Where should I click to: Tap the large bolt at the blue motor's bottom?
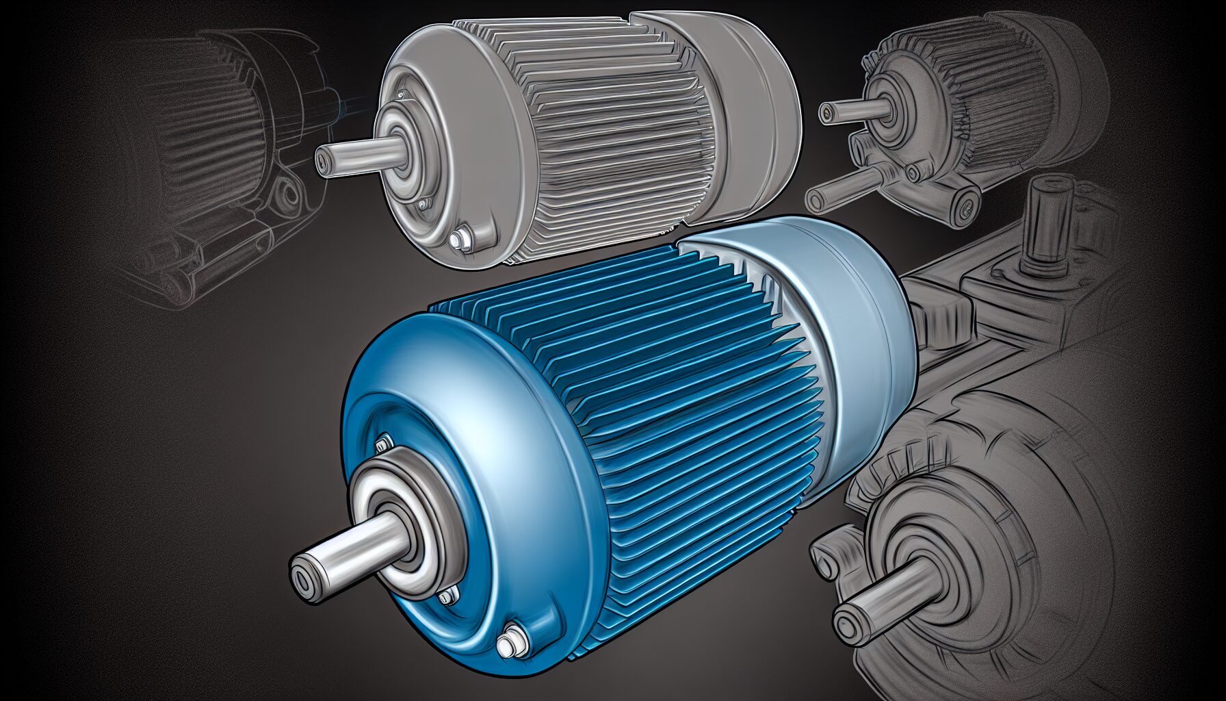pyautogui.click(x=507, y=643)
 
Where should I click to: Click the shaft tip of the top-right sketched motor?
pyautogui.click(x=828, y=110)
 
